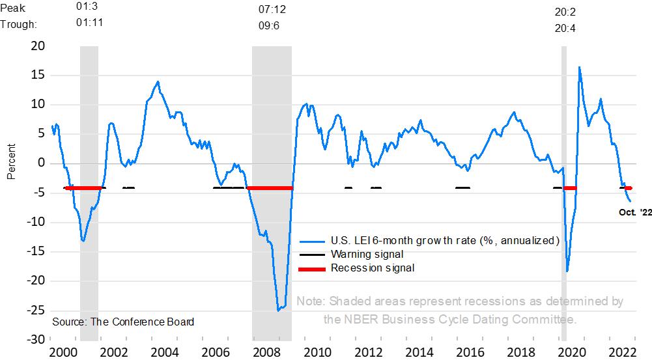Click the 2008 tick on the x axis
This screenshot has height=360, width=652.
[267, 352]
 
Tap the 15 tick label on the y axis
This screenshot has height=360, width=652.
[36, 75]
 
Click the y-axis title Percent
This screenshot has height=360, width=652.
[10, 163]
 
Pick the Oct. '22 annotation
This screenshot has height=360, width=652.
[634, 212]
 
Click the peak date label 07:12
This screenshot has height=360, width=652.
[272, 10]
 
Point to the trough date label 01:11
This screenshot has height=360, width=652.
[90, 23]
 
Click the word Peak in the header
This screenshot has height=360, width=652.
[13, 7]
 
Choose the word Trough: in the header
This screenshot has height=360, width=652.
[18, 24]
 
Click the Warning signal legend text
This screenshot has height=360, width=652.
[367, 254]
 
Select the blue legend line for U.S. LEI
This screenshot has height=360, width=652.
[313, 240]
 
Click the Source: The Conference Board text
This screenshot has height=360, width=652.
[123, 322]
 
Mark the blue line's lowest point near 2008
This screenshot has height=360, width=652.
[278, 310]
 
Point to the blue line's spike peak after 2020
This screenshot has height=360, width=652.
[579, 66]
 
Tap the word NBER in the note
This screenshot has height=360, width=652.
[360, 320]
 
